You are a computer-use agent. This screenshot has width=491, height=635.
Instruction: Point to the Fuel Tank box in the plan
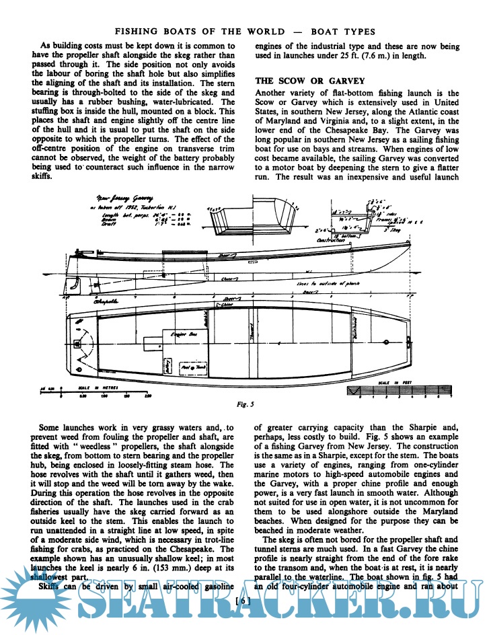[194, 367]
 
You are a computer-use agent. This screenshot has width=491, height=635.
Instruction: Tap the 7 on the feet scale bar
[451, 398]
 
